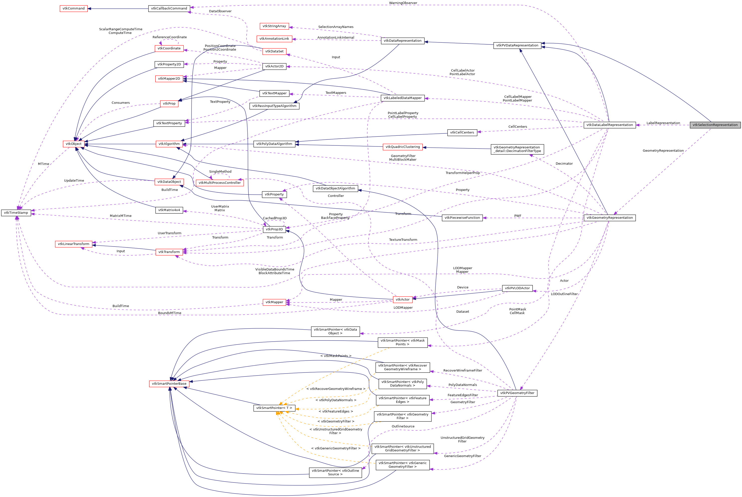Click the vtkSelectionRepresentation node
click(x=715, y=125)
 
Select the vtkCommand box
click(x=74, y=8)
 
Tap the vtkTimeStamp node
click(x=16, y=213)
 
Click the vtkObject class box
click(x=74, y=144)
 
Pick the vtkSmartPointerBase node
click(x=169, y=383)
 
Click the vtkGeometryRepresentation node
click(x=609, y=218)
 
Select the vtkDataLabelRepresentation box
click(x=609, y=125)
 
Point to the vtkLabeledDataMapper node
click(x=402, y=98)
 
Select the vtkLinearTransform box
click(x=74, y=244)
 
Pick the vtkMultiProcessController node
click(x=220, y=183)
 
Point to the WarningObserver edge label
click(x=403, y=3)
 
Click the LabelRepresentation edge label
click(x=663, y=123)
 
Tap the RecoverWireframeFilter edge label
click(x=462, y=371)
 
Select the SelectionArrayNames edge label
click(x=336, y=27)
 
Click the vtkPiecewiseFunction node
click(x=462, y=218)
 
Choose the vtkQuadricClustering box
click(x=402, y=147)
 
